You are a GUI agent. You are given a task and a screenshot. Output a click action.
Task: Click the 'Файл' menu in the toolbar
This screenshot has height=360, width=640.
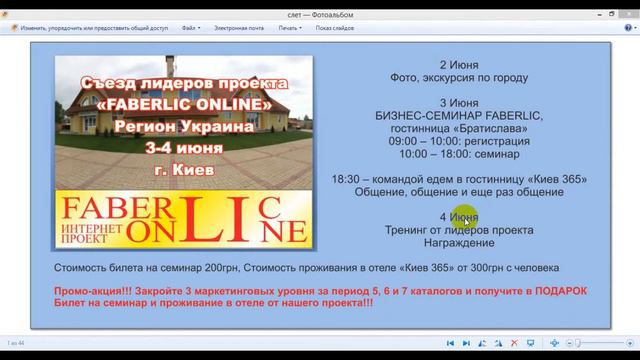tap(189, 28)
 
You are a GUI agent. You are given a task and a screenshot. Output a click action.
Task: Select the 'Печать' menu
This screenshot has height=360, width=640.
tap(289, 28)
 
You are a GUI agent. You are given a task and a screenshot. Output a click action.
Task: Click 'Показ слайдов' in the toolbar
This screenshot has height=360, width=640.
tap(336, 28)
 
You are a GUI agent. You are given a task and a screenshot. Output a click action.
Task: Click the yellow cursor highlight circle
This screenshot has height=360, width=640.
tap(465, 217)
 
